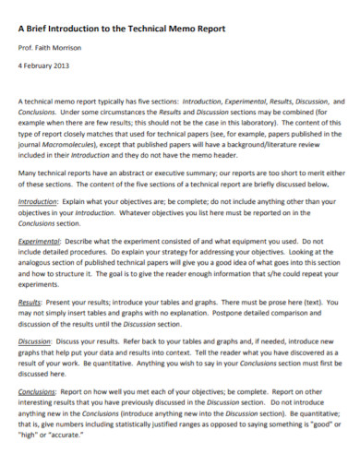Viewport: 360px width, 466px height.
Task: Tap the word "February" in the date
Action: (41, 66)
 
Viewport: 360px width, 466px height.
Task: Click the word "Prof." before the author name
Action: (28, 47)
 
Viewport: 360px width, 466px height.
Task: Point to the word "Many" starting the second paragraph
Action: (30, 172)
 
